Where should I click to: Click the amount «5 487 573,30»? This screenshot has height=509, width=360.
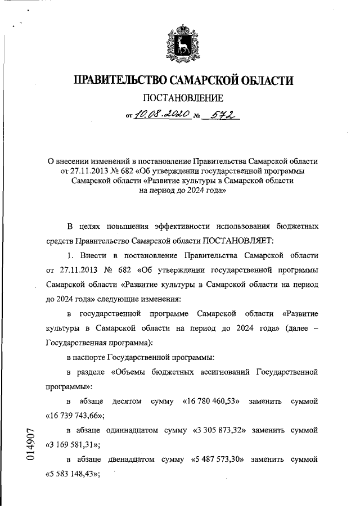pos(215,460)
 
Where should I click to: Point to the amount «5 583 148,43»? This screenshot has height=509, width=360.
pos(71,474)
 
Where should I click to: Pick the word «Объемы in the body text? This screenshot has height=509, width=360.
pos(129,372)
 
